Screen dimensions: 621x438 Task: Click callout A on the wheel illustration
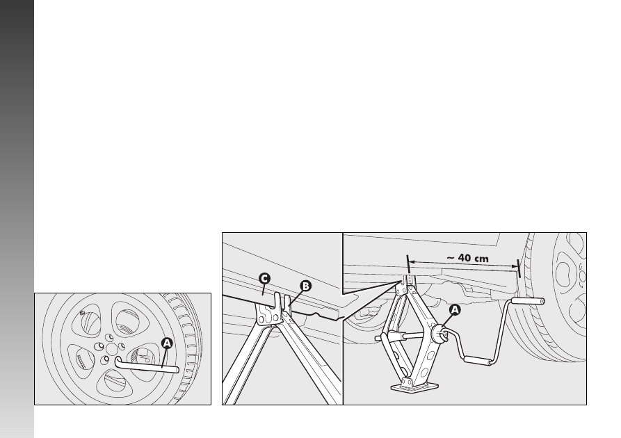[167, 343]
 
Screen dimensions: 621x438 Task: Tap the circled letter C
[264, 279]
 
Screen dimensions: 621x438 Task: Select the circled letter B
[305, 286]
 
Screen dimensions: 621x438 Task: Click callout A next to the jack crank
[455, 309]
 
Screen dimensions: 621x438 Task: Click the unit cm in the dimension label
[482, 259]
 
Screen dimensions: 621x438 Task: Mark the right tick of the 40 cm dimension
[518, 268]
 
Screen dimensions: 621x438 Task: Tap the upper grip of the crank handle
[528, 301]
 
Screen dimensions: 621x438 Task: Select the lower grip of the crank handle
[478, 360]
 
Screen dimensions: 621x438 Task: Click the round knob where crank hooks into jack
[439, 332]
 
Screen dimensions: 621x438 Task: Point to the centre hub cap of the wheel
[112, 349]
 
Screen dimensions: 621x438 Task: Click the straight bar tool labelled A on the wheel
[147, 366]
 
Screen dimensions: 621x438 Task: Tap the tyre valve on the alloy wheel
[82, 313]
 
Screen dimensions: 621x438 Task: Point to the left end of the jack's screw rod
[377, 338]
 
